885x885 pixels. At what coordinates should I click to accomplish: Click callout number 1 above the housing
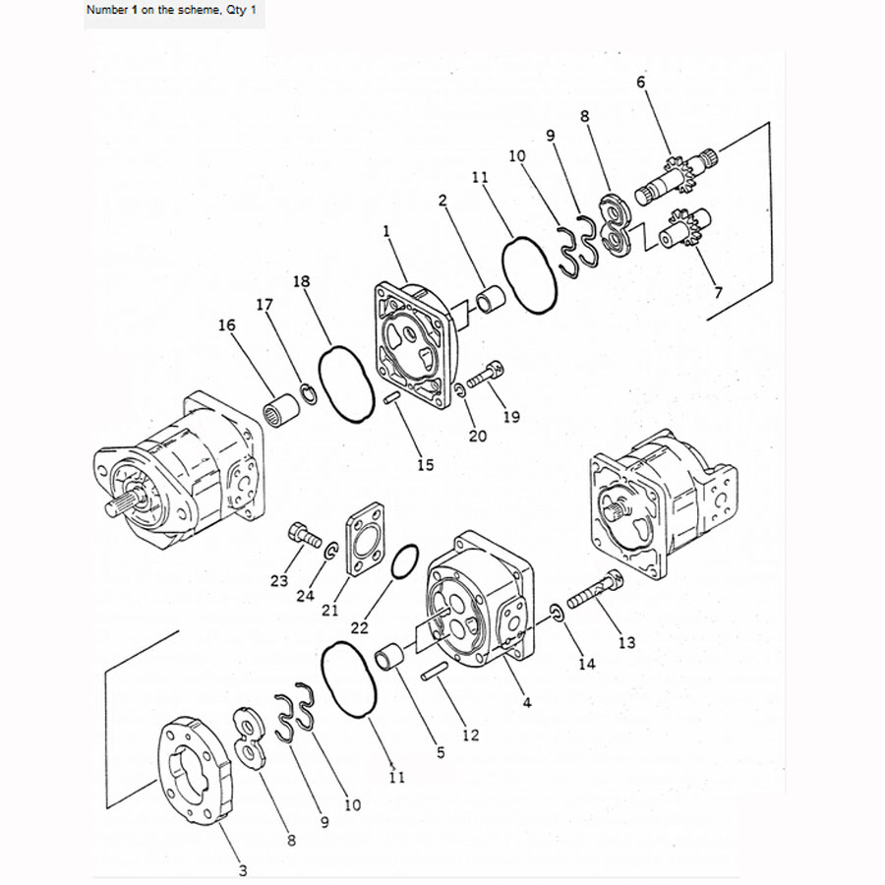click(386, 231)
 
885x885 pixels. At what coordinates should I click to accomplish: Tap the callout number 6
click(641, 83)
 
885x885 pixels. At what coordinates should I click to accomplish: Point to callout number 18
click(302, 282)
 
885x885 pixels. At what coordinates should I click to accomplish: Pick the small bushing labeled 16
click(282, 406)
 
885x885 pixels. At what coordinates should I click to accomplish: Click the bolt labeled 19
click(486, 374)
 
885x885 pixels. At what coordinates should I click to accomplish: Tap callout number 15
click(425, 464)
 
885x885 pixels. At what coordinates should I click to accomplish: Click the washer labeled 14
click(556, 615)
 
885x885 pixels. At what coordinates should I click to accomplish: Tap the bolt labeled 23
click(302, 536)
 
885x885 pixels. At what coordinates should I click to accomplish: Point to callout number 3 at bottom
click(243, 869)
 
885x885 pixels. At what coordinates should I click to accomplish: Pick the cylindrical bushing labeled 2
click(489, 296)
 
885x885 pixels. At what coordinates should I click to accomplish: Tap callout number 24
click(305, 595)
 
